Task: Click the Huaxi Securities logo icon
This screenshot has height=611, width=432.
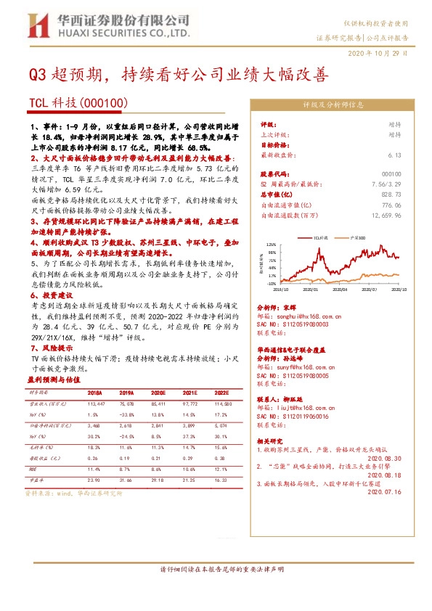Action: pos(35,26)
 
